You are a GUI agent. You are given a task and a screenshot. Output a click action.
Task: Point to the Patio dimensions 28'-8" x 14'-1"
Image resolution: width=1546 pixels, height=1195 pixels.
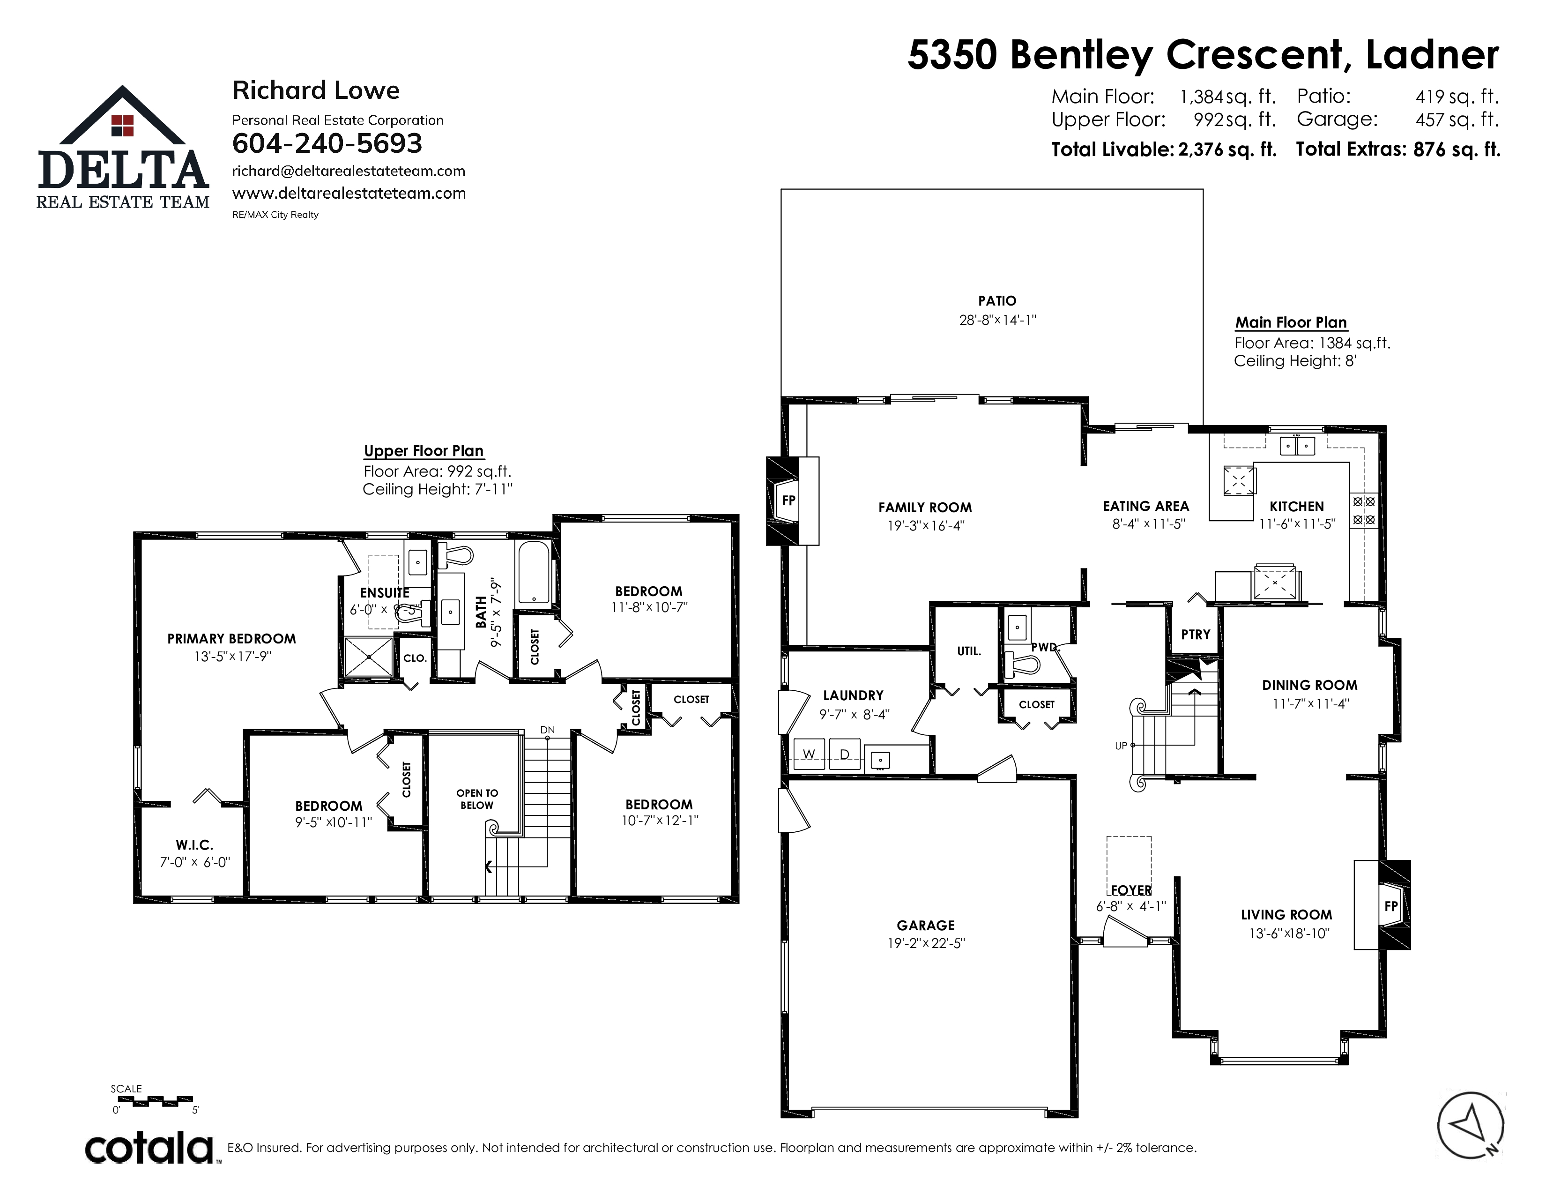997,320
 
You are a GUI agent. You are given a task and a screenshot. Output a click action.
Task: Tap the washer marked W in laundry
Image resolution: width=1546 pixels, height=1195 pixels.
809,754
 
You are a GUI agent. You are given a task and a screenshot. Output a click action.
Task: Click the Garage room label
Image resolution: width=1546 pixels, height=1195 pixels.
925,925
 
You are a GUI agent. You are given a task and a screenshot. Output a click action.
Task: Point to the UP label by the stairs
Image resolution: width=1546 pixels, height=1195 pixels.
1121,746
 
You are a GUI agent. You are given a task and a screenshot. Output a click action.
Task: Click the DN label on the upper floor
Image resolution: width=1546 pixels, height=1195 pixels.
547,730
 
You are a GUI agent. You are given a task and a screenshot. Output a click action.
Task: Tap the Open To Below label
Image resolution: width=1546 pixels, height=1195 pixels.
477,799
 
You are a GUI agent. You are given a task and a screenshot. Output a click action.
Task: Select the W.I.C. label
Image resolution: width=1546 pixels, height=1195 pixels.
195,844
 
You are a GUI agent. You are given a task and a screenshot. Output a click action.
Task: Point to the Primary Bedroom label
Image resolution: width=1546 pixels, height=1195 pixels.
231,639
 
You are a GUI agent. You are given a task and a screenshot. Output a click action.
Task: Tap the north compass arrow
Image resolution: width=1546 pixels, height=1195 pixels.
1468,1126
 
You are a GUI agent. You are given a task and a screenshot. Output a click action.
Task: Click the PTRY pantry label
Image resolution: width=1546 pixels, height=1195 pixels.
1196,635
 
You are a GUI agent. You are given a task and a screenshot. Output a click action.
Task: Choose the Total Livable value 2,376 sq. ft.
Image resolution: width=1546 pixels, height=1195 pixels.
1227,150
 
